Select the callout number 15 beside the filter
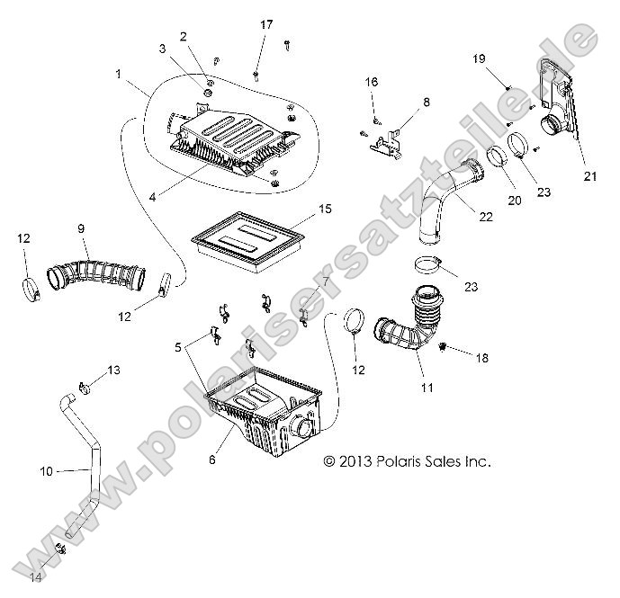(x=300, y=210)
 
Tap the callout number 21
(x=590, y=176)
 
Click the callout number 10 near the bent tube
(x=47, y=470)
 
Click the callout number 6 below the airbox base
(x=212, y=460)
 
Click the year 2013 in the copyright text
(x=358, y=461)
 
